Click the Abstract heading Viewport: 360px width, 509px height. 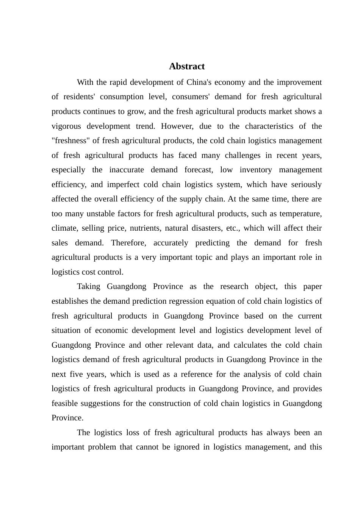(186, 66)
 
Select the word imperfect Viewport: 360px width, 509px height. (123, 184)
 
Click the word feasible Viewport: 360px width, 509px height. (65, 403)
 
